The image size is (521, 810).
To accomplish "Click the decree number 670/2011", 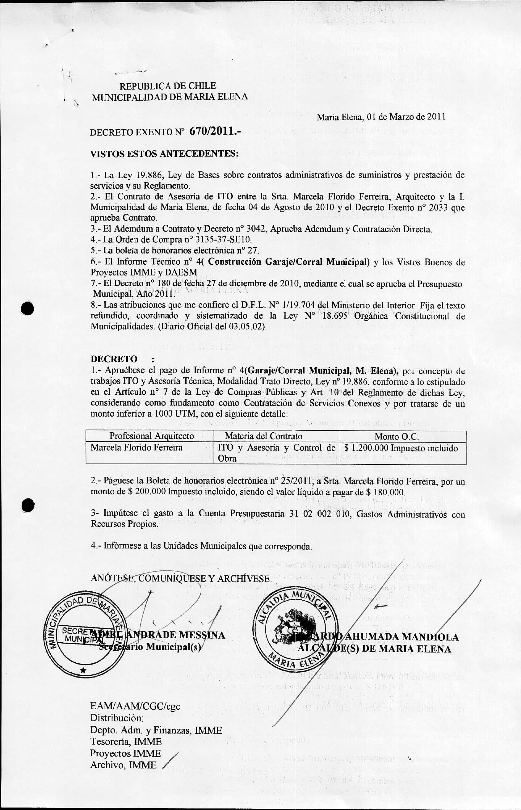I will coord(215,131).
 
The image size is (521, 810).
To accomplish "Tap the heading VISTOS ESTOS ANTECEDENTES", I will coord(164,154).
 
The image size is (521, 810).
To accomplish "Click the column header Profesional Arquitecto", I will coord(152,436).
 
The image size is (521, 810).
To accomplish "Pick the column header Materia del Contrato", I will coord(263,436).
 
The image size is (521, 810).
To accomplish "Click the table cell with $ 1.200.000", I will coord(401,448).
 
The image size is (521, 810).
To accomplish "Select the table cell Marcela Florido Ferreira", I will coord(137,447).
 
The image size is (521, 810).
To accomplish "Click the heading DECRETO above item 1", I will coord(114,359).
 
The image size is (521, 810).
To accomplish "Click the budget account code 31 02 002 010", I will coord(319,514).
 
